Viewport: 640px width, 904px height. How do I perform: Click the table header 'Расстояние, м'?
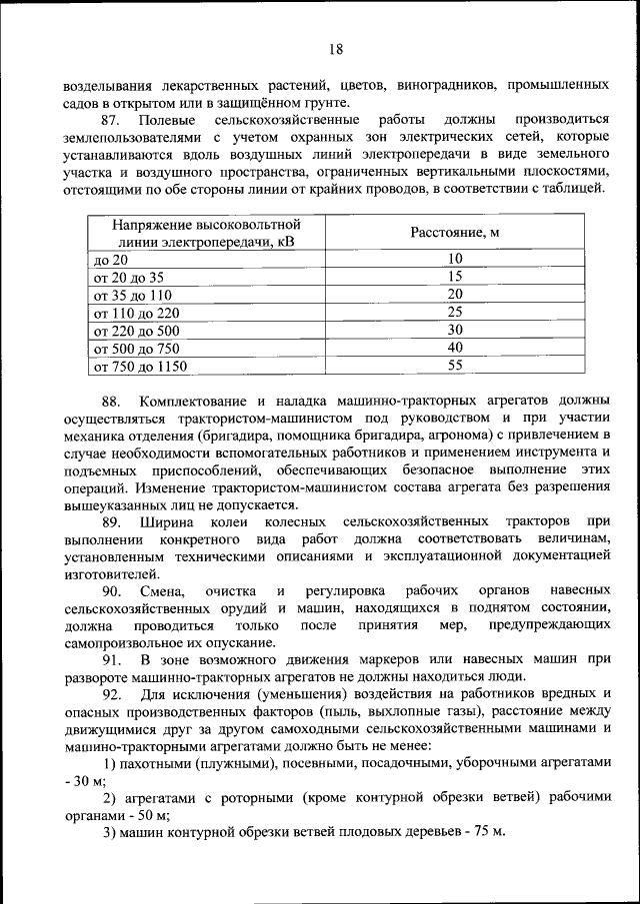click(x=455, y=233)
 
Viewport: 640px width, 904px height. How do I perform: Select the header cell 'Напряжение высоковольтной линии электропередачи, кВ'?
click(x=207, y=233)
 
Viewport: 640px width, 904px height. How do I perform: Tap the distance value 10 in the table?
click(x=455, y=259)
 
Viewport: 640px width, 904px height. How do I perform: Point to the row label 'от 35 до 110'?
click(x=133, y=295)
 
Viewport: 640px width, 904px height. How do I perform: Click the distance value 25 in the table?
click(x=455, y=313)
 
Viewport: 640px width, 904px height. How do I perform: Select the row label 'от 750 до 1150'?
click(x=140, y=367)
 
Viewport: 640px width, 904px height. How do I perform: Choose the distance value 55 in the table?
click(x=455, y=367)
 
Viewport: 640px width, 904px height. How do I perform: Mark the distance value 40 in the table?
click(x=455, y=349)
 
